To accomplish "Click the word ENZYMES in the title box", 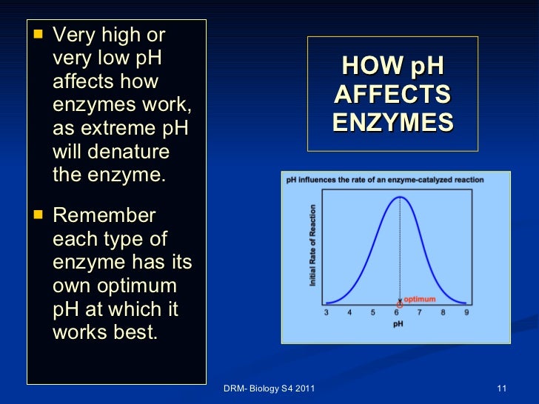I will [x=392, y=121].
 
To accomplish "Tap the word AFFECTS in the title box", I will [x=392, y=94].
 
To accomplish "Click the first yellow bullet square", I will [x=39, y=36].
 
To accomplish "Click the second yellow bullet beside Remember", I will [x=39, y=216].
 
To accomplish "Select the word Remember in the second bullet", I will [x=104, y=215].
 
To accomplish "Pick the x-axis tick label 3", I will [x=327, y=313].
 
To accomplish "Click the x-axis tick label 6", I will [x=397, y=313].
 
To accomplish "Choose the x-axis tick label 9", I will [x=466, y=313].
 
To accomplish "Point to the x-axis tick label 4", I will [x=350, y=313].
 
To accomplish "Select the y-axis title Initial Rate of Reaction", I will [x=313, y=246].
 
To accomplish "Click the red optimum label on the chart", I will [x=420, y=300].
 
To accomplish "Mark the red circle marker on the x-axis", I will [x=400, y=304].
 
